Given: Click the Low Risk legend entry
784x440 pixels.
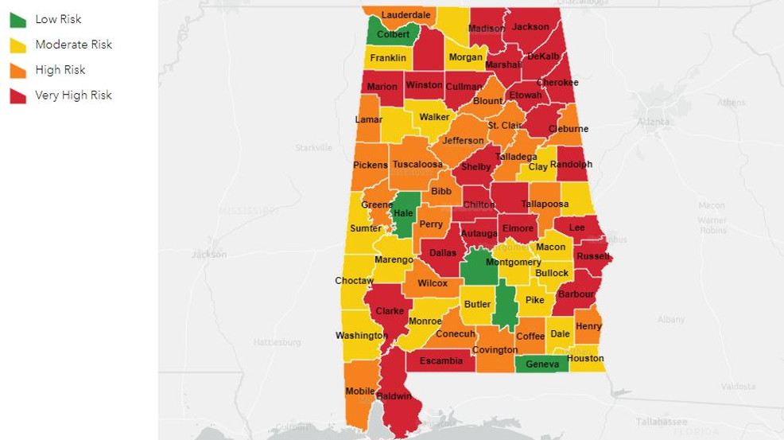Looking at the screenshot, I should (x=58, y=19).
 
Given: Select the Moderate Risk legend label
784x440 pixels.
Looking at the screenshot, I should (x=73, y=45).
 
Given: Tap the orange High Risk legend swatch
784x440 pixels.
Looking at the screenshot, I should (x=17, y=70).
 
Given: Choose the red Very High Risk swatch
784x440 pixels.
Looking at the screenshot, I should (x=17, y=95).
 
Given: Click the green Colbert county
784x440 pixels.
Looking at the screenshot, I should (x=393, y=33).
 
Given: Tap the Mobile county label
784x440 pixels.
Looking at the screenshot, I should (x=360, y=391).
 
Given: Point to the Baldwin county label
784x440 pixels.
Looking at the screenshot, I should (x=394, y=396).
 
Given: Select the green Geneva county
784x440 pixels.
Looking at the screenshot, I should (x=542, y=364).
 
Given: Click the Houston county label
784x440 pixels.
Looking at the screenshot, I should (x=586, y=358).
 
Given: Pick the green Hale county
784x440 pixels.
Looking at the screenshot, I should (x=404, y=213).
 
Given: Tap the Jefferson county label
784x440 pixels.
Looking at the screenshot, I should (x=463, y=141).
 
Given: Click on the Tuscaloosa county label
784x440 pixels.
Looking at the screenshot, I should (x=417, y=165).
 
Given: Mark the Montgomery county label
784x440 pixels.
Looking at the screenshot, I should (x=513, y=262).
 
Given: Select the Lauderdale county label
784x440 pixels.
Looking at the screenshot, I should (x=406, y=15).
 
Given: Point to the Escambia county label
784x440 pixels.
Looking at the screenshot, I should (x=441, y=360).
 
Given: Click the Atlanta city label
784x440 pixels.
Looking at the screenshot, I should (x=653, y=122).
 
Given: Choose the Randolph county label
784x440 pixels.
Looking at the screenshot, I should (x=571, y=165).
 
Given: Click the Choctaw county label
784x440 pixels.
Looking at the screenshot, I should (x=354, y=281).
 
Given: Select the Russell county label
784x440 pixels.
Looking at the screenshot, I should (x=592, y=256).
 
